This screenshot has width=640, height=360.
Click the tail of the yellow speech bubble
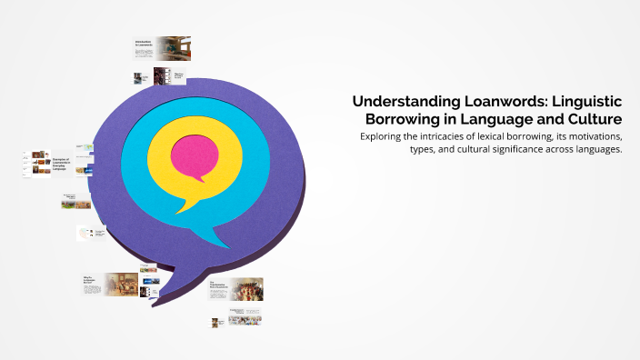(186, 205)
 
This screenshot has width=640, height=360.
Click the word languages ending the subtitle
(596, 149)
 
